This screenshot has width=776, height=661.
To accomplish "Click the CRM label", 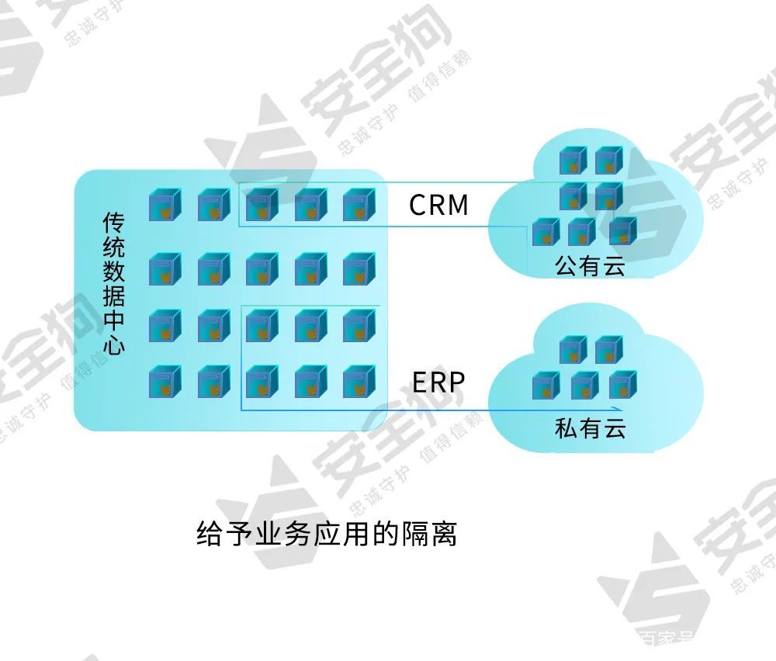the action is point(438,205).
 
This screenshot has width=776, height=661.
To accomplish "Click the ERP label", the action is point(438,382).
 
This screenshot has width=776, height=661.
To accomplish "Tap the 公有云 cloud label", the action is point(590,266).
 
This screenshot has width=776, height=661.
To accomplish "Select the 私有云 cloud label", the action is point(590,427).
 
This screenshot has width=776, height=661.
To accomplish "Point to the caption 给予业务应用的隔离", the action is point(327,535).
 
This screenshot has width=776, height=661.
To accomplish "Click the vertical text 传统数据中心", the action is point(114,284).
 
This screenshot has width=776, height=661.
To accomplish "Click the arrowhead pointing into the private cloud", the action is point(618,410).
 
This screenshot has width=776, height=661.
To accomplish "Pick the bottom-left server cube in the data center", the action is point(165,382).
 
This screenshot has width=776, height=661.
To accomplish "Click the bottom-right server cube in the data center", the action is point(359,382).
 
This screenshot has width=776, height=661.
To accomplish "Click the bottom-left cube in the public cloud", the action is point(546,232).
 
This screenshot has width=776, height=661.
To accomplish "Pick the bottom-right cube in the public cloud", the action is point(622,231).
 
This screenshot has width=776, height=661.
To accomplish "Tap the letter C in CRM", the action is point(417,205).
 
